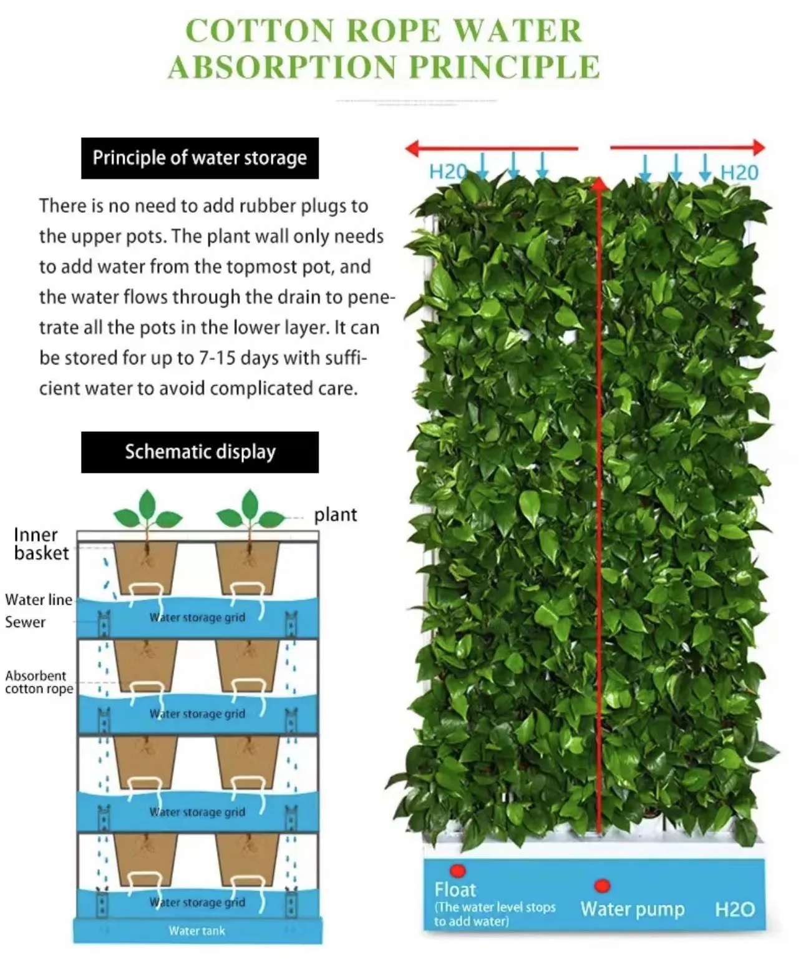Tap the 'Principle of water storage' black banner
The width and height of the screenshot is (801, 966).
200,159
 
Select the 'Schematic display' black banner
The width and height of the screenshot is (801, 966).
200,452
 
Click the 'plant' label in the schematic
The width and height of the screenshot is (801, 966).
336,515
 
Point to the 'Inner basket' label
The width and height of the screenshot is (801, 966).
41,544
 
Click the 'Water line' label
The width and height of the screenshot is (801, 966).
39,600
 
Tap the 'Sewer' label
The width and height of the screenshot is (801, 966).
26,622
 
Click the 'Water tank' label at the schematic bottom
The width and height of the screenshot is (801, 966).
197,931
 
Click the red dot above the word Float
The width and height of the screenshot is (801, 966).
459,871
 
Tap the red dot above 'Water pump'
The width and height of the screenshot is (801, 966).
602,885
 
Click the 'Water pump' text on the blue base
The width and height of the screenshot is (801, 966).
633,909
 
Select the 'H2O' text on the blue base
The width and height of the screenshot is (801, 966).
735,909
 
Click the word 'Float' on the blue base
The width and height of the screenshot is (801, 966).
455,890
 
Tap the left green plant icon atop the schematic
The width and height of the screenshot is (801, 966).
147,510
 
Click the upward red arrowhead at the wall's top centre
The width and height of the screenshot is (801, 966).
599,182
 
